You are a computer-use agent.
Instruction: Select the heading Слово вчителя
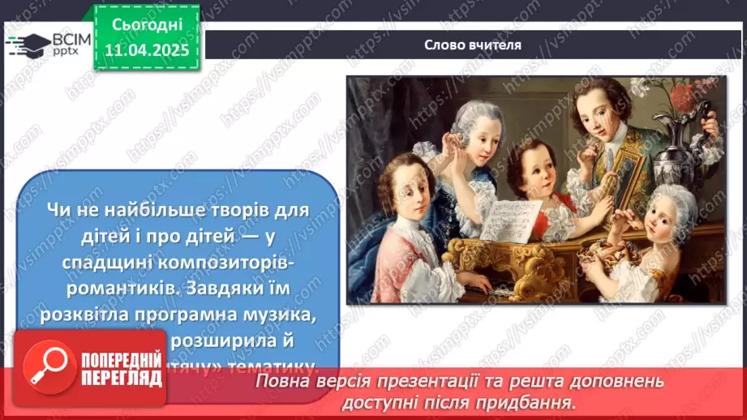click(472, 45)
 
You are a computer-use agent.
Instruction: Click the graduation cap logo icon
click(26, 45)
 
